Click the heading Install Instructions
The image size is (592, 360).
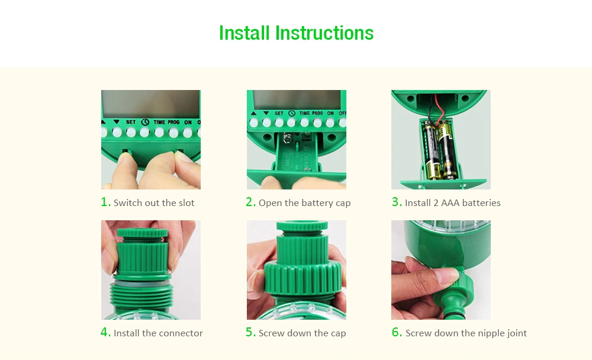296,33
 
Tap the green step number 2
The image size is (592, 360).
250,202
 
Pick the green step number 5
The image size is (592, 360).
250,332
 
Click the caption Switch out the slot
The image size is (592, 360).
154,203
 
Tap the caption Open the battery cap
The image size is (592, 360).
305,203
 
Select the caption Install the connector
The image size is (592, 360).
158,333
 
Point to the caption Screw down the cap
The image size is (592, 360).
302,333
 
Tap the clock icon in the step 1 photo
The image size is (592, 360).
146,123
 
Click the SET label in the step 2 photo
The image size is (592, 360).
279,113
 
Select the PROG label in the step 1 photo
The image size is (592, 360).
173,123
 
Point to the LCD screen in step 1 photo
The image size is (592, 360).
151,104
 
